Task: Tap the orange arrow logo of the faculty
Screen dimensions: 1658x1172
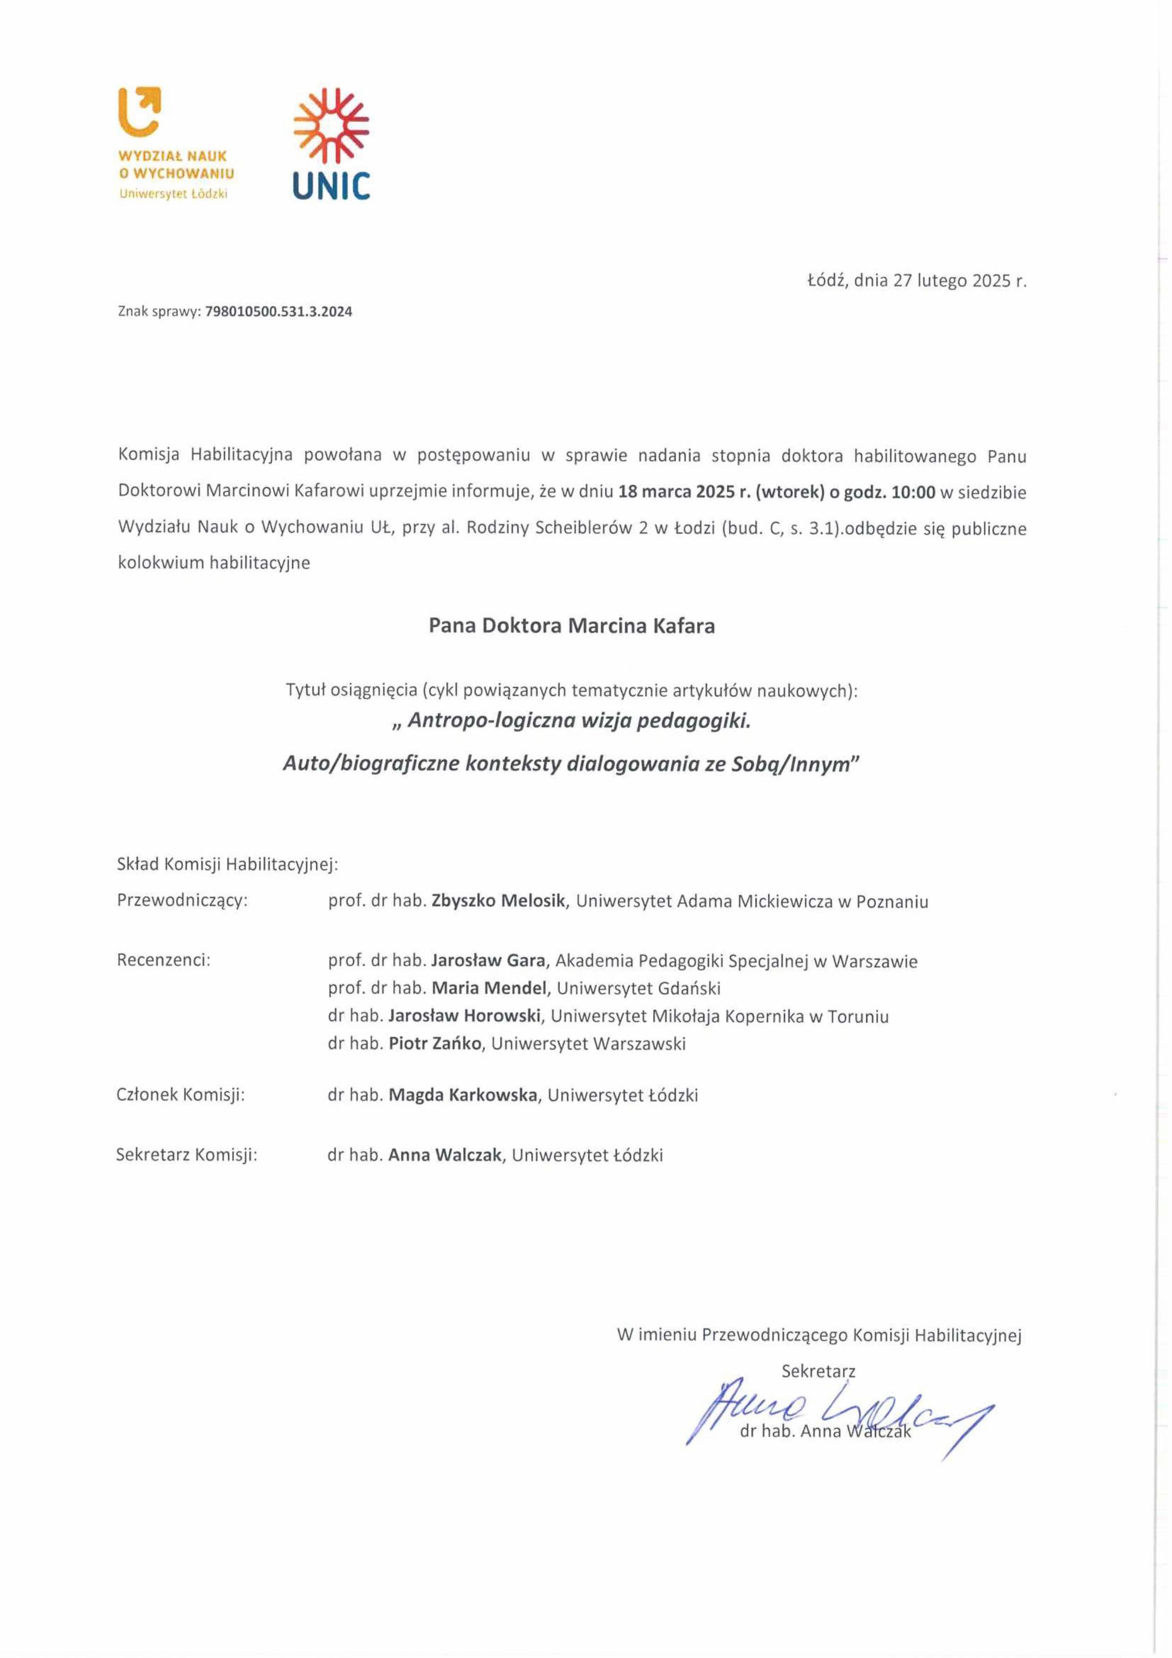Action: [139, 111]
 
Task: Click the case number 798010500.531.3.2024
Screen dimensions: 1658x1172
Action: [279, 312]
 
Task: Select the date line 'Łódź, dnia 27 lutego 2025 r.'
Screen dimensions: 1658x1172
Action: [916, 281]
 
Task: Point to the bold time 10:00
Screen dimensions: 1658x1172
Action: [913, 492]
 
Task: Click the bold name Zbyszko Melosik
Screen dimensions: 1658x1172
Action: [498, 901]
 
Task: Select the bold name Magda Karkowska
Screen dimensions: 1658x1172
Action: [463, 1095]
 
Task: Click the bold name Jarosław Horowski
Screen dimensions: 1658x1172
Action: [465, 1016]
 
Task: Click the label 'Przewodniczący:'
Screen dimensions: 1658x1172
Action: [182, 901]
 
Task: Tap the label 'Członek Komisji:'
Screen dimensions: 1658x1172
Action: [181, 1095]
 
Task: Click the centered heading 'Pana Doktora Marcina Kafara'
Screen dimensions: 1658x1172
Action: [571, 626]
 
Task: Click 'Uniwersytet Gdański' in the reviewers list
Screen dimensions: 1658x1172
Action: [638, 988]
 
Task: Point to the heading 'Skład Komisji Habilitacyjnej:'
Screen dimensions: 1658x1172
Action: [227, 864]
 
